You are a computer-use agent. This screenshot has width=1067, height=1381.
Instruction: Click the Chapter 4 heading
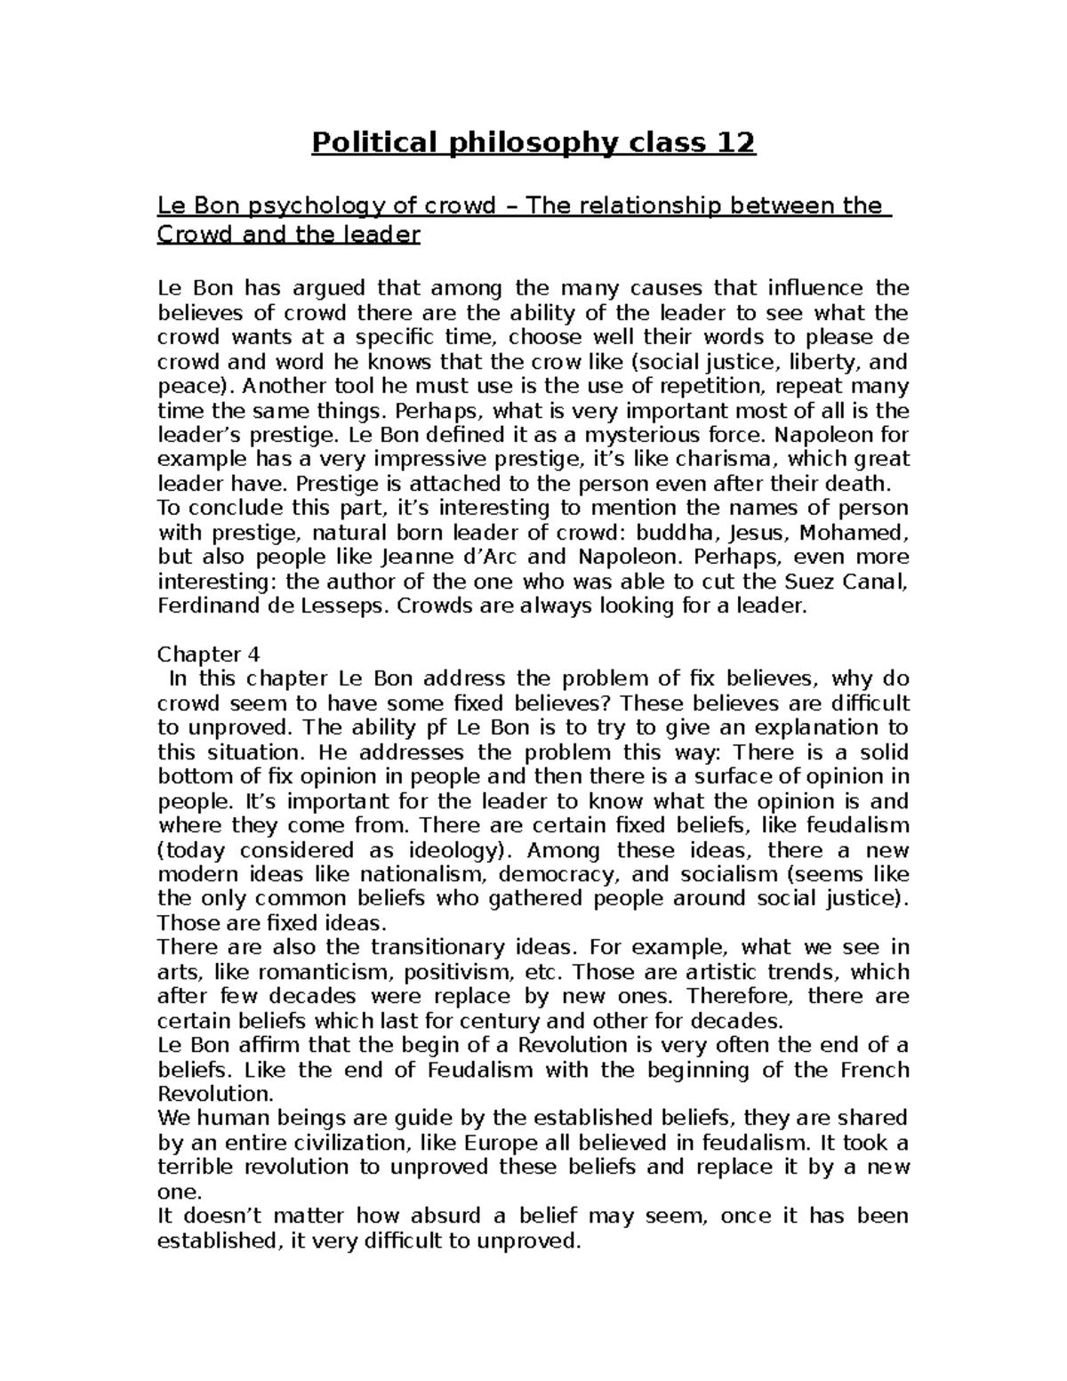208,654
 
